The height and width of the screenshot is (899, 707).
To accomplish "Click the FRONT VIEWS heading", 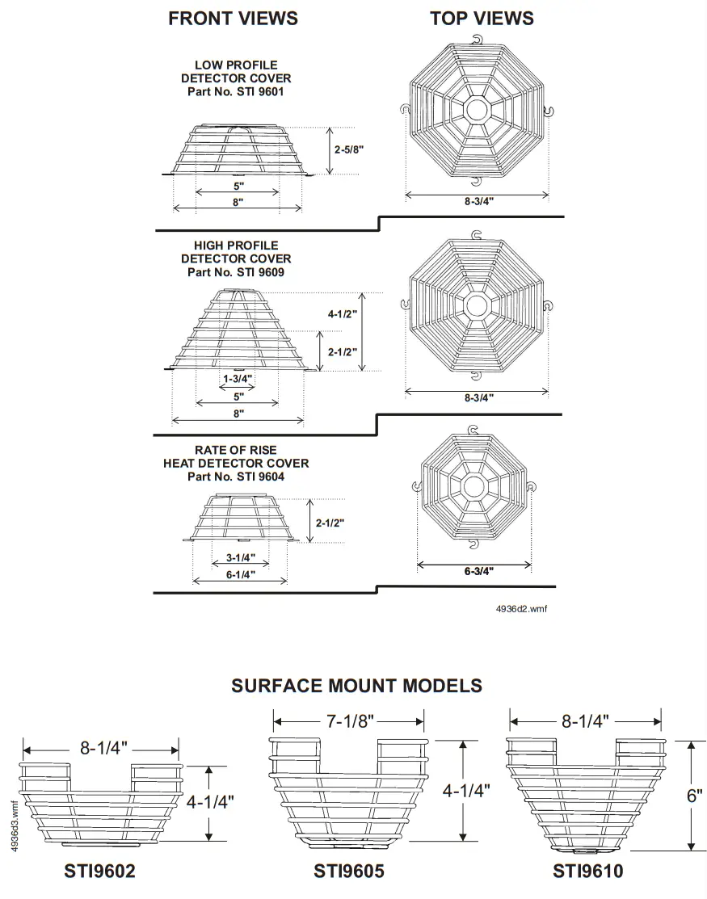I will click(233, 19).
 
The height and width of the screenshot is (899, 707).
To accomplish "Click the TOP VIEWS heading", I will click(482, 19).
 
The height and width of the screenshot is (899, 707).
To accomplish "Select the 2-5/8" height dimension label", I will click(348, 149).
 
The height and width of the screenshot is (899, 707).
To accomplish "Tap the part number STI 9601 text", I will click(235, 92).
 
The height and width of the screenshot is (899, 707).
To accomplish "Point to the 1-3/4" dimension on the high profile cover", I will click(238, 378).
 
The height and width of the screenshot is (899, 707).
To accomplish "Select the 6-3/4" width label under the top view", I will click(478, 571).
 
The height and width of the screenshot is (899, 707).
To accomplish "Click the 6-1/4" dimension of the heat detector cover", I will click(239, 574).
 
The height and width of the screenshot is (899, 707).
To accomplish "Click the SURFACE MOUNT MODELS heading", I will click(356, 686).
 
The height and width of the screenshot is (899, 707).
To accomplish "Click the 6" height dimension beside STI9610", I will click(694, 795).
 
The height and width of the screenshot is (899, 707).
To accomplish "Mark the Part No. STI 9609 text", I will click(235, 272).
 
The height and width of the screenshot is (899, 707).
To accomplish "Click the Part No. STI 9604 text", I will click(235, 477).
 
